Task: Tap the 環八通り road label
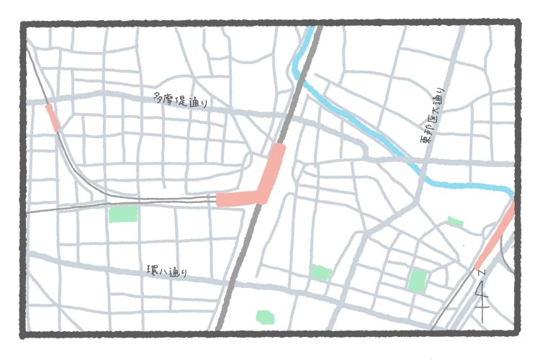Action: pyautogui.click(x=166, y=271)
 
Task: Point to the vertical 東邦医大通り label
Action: pyautogui.click(x=433, y=123)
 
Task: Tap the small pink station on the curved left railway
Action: pyautogui.click(x=52, y=117)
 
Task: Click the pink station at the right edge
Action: pyautogui.click(x=496, y=237)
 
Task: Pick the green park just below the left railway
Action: pyautogui.click(x=123, y=214)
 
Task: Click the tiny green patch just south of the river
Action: pyautogui.click(x=455, y=222)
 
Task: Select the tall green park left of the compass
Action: pyautogui.click(x=417, y=280)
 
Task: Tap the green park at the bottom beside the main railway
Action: pyautogui.click(x=265, y=317)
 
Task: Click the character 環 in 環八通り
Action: pyautogui.click(x=150, y=270)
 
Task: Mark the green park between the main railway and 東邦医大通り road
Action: pyautogui.click(x=320, y=272)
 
